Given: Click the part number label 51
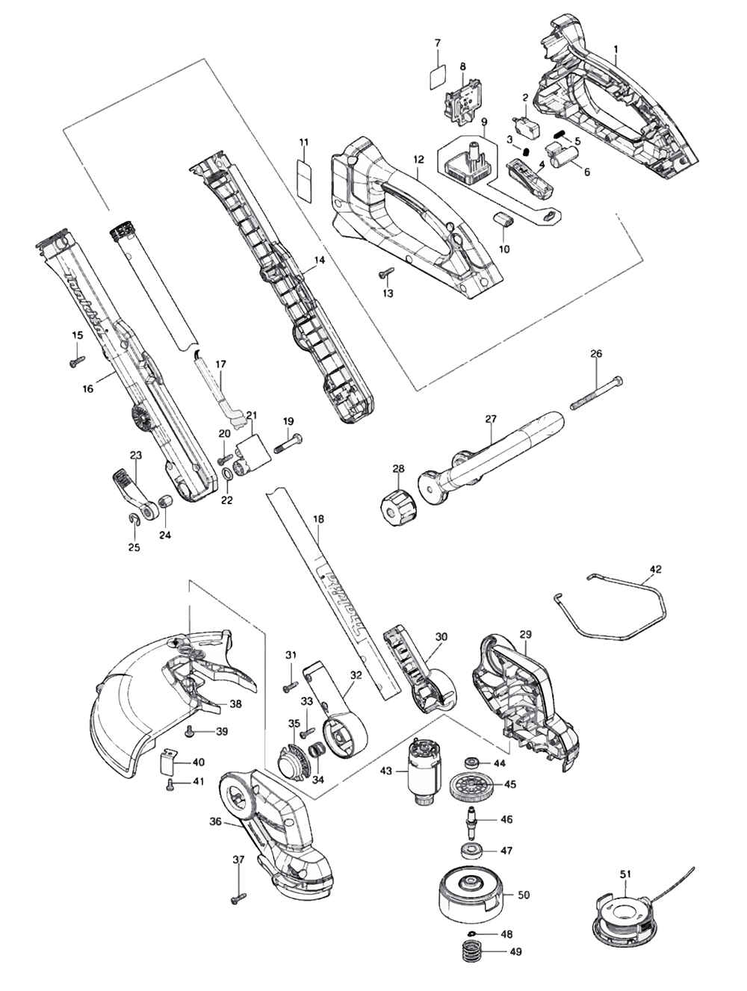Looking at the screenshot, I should click(x=625, y=874).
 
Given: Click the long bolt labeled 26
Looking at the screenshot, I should click(x=599, y=394).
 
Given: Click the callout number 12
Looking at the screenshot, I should click(x=418, y=159).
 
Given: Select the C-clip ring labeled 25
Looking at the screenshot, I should click(x=134, y=520).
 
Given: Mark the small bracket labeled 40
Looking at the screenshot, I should click(x=168, y=762).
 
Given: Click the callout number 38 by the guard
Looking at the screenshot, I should click(x=235, y=703).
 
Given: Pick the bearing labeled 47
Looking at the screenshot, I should click(x=470, y=851).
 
